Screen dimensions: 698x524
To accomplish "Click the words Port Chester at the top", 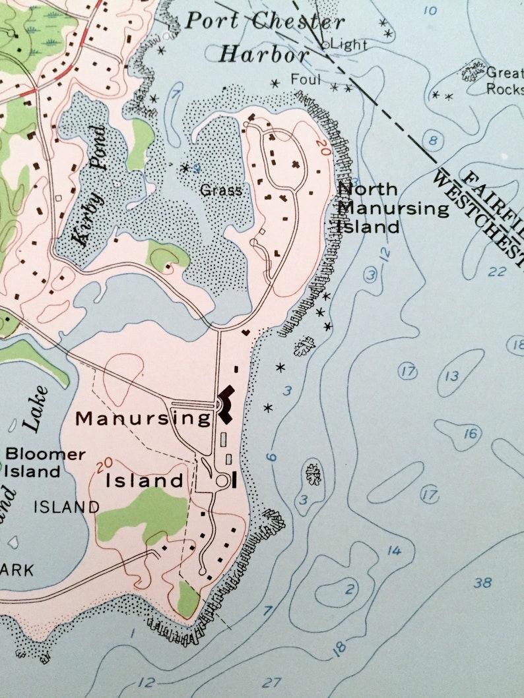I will point(264,21).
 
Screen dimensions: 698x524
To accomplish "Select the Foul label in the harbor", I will point(306,80).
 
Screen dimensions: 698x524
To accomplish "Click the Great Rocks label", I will point(504,81).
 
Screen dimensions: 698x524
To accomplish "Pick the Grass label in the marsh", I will point(221,191).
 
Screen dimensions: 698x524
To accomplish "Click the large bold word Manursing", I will point(143,418).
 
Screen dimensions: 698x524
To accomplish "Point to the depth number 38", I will point(482,583).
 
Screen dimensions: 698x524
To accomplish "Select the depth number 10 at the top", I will point(430,11).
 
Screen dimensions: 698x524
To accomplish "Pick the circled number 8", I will point(432,140).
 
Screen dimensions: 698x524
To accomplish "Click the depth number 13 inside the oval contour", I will point(451,376).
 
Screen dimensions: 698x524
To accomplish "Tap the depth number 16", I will point(470,434).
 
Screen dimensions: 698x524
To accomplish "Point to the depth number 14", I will point(394,550).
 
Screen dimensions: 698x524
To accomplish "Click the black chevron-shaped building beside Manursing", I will point(226,404).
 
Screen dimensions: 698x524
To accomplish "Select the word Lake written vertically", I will point(38,409).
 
